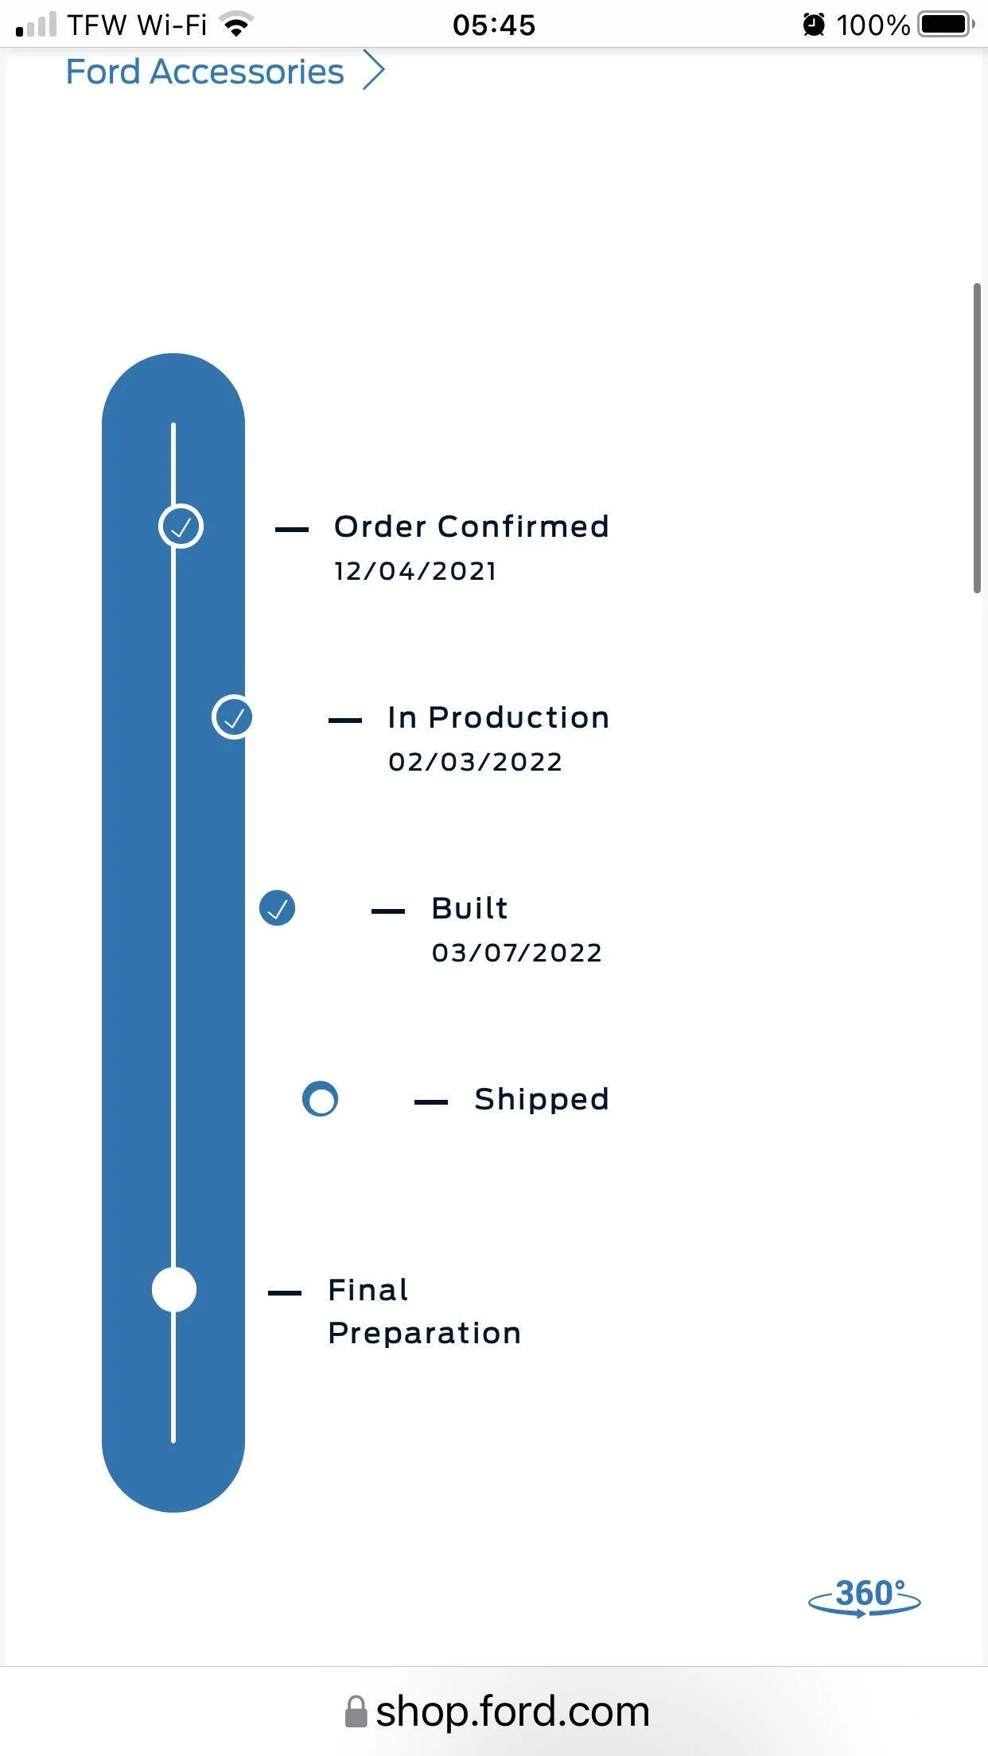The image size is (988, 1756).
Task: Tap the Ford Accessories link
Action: click(x=204, y=72)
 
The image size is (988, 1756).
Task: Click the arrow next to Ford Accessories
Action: click(x=374, y=70)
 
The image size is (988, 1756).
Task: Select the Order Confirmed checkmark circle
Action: click(x=181, y=526)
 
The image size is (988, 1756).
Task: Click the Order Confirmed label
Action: click(x=471, y=526)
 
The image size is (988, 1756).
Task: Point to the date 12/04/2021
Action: click(x=415, y=571)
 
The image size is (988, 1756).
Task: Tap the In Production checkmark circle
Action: click(x=233, y=717)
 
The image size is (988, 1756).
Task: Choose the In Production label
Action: click(x=499, y=717)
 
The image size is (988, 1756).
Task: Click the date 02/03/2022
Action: click(x=475, y=762)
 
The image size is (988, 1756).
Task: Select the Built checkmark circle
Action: click(x=278, y=908)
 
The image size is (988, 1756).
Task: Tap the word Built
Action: click(x=469, y=908)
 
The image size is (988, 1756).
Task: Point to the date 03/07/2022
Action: click(x=517, y=953)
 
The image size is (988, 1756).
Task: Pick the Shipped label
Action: click(x=542, y=1100)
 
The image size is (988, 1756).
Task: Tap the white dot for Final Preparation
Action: click(x=174, y=1290)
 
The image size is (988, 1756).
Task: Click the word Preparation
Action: click(x=425, y=1334)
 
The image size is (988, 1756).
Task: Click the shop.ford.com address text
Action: click(x=512, y=1711)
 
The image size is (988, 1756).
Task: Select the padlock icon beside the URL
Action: click(x=356, y=1711)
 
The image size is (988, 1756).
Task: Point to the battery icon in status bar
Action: click(x=947, y=25)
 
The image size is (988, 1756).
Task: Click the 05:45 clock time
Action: click(x=494, y=25)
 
